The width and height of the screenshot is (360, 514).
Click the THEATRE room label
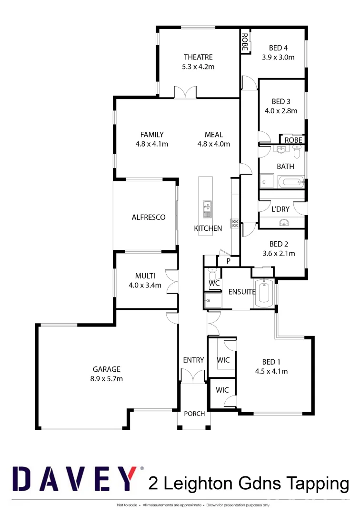point(198,57)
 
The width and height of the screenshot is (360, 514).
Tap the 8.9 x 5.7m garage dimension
point(107,379)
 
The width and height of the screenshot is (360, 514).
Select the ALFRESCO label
point(149,217)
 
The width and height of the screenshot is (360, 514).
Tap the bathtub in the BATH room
point(290,182)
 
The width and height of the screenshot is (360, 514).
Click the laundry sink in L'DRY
point(284,222)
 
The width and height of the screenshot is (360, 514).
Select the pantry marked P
point(228,261)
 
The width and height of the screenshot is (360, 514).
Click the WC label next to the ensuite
point(214,284)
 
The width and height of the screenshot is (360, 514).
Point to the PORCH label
point(194,414)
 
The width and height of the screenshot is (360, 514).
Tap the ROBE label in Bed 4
point(245,42)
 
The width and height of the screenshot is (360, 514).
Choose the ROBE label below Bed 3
point(293,140)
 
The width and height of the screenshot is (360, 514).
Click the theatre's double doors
point(185,92)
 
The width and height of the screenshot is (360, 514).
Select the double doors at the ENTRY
point(194,376)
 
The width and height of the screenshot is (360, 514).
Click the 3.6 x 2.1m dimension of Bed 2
point(279,254)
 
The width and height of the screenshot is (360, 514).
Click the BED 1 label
point(271,361)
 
